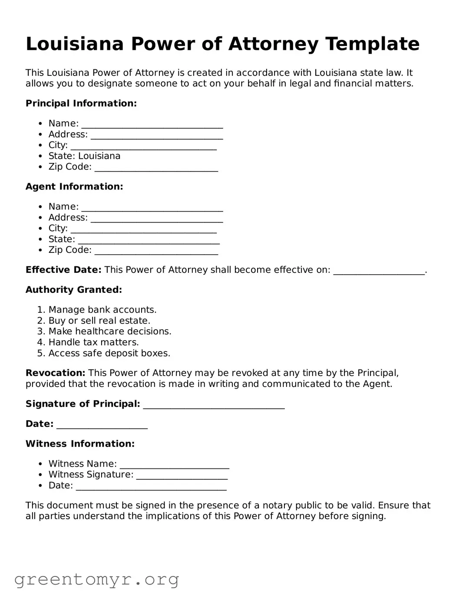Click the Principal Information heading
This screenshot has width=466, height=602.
[x=81, y=103]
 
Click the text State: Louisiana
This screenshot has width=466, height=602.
[x=84, y=156]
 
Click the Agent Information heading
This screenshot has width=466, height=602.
[x=74, y=186]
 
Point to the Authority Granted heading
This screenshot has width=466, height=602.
[x=74, y=290]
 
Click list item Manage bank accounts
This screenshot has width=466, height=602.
[x=102, y=310]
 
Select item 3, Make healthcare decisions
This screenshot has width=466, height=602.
[x=109, y=331]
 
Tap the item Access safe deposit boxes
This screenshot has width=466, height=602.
[x=109, y=353]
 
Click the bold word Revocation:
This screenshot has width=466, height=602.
[x=55, y=373]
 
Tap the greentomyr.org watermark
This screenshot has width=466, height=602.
[x=96, y=579]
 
